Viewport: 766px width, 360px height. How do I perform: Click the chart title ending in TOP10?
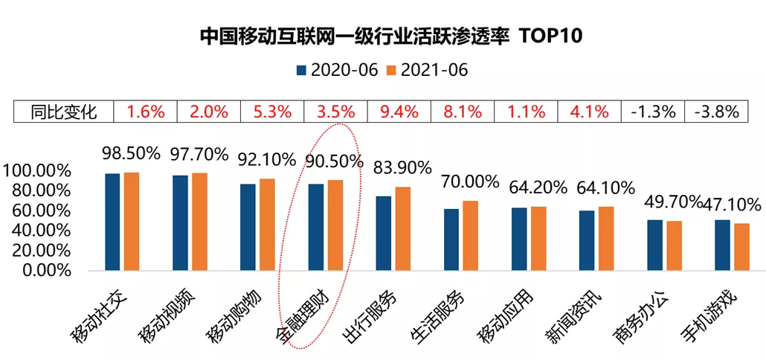coord(382,35)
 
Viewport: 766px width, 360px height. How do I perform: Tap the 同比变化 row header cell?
coord(64,112)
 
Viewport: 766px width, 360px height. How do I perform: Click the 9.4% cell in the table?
coord(399,112)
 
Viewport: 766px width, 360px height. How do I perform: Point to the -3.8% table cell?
coord(715,112)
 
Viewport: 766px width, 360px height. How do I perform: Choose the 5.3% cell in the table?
coord(273,112)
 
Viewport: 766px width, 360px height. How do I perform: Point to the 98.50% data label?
coord(131,153)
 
